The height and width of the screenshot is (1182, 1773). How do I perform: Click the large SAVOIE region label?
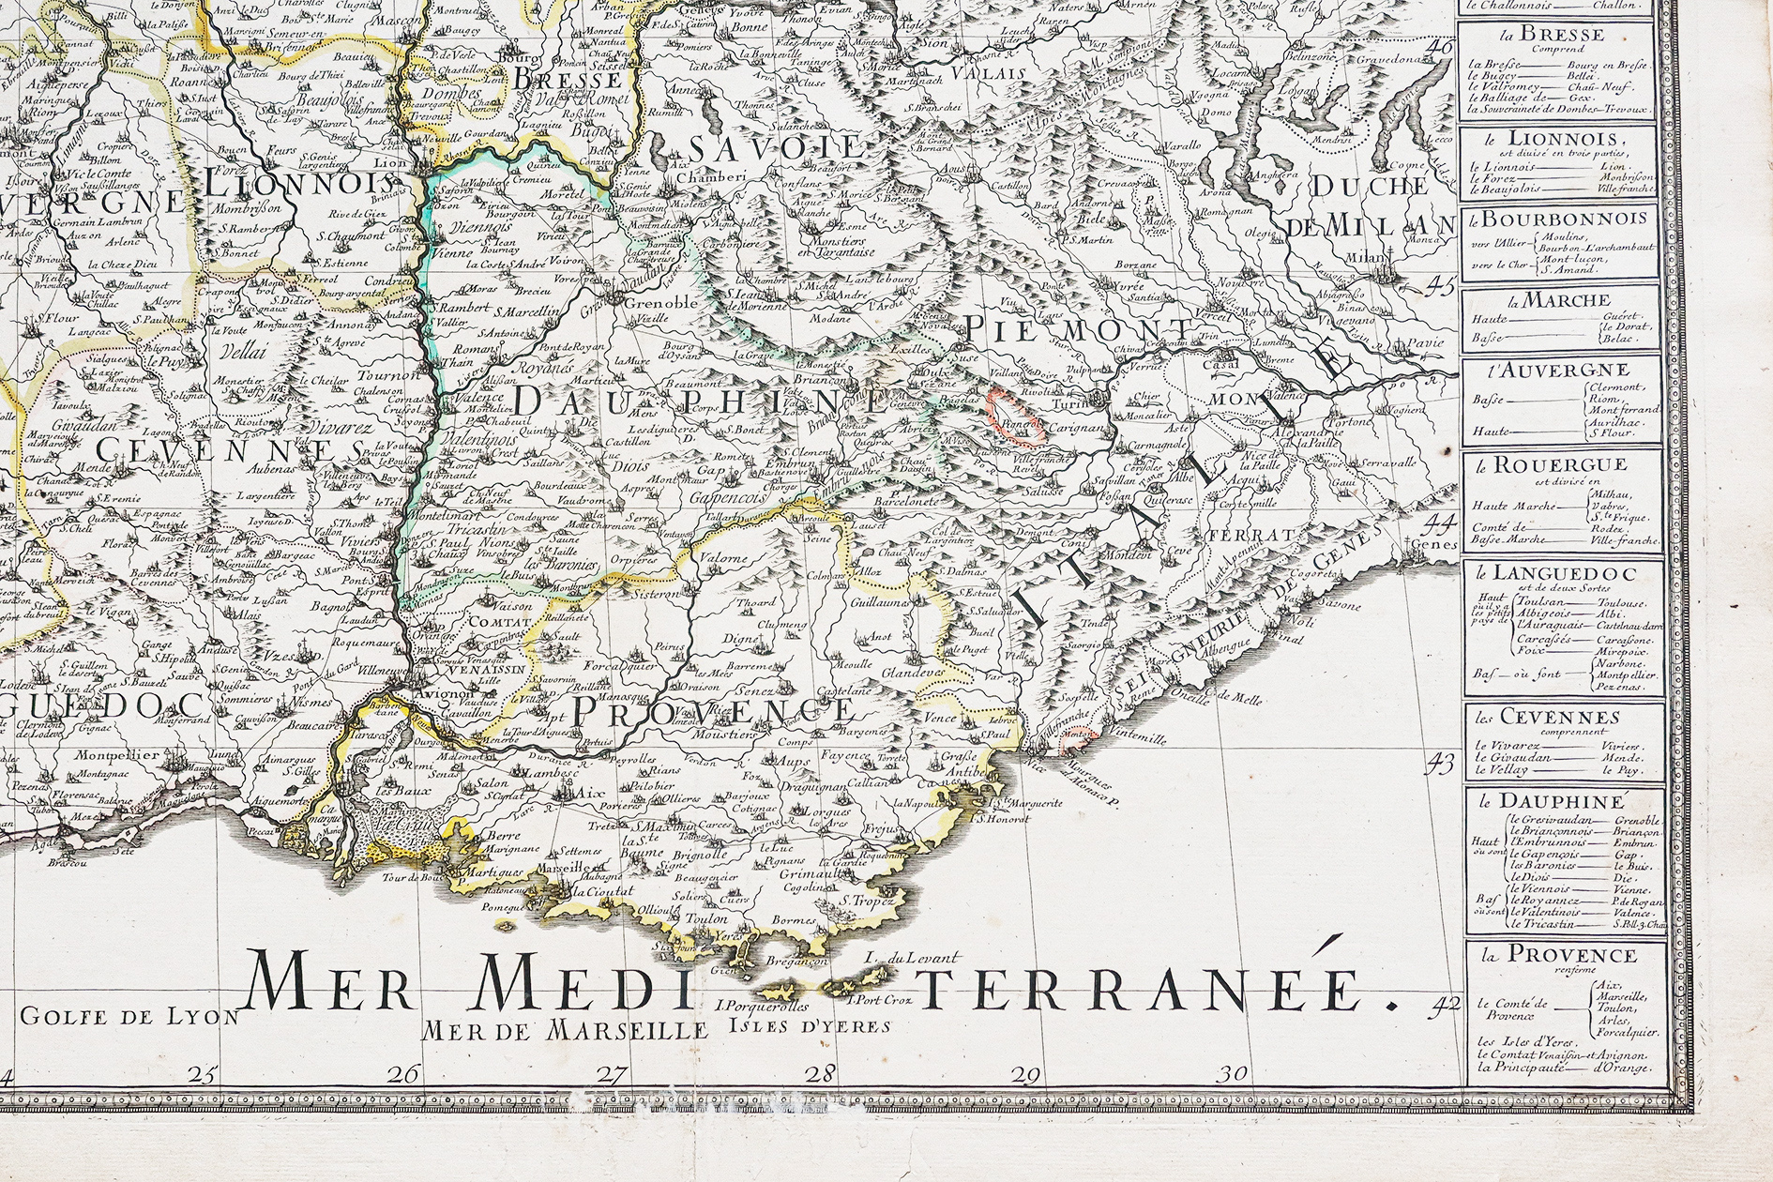[x=774, y=147]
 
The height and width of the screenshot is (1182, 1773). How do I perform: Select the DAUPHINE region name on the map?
[x=697, y=402]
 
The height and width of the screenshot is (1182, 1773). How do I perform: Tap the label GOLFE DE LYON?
[x=130, y=1016]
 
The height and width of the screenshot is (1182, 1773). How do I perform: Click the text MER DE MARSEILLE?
[x=565, y=1029]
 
